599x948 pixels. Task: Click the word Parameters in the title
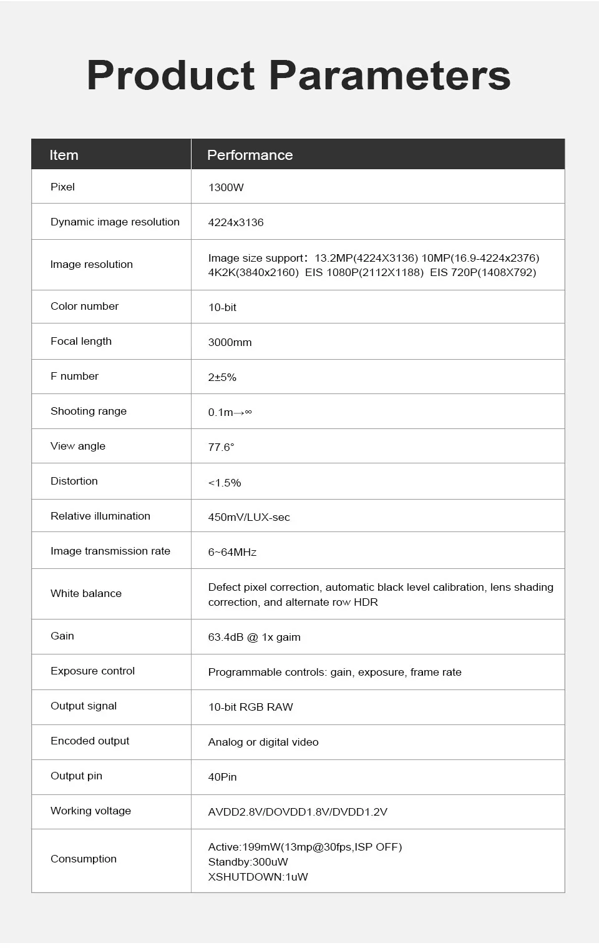click(x=389, y=76)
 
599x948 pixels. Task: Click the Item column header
click(x=64, y=155)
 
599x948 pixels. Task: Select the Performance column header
click(x=250, y=155)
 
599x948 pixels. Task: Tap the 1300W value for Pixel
click(x=226, y=187)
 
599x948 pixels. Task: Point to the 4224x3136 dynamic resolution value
click(x=236, y=222)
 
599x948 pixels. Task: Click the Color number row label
click(x=84, y=306)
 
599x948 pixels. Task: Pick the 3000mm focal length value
click(x=230, y=342)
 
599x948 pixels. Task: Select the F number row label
click(x=74, y=376)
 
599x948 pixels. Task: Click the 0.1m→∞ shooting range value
click(x=230, y=412)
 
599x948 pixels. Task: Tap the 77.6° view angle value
click(x=221, y=447)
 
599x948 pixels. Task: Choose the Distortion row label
click(x=74, y=481)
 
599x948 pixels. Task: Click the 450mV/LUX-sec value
click(x=249, y=517)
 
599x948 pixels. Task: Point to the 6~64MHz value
click(x=232, y=552)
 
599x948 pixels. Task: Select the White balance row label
click(x=86, y=593)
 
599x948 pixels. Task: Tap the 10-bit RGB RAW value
click(x=250, y=707)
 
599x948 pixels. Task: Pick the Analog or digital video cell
click(x=263, y=742)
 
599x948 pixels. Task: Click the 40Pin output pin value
click(x=222, y=777)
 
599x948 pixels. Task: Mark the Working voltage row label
click(x=90, y=811)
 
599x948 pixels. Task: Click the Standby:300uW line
click(x=248, y=862)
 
